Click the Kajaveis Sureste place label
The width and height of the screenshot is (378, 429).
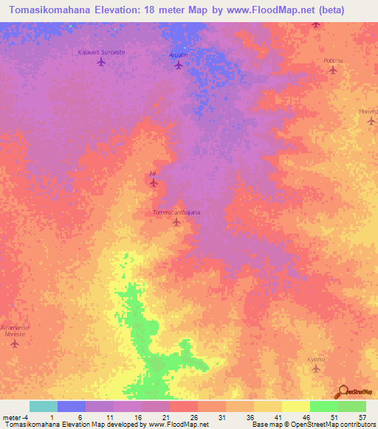tap(101, 52)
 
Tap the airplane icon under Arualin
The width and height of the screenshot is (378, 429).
tap(178, 65)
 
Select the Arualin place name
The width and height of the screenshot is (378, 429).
tap(178, 55)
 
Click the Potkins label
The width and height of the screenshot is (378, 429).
tap(334, 61)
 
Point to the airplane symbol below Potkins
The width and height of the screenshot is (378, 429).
tap(332, 71)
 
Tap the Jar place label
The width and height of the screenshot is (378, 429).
tap(153, 172)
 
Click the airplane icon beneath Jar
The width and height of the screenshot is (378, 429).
tap(154, 182)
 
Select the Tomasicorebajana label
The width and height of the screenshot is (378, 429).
tap(176, 212)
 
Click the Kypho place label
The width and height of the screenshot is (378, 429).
tap(316, 360)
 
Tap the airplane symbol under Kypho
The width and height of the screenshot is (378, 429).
tap(316, 369)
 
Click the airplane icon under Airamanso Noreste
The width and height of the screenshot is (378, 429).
tap(13, 343)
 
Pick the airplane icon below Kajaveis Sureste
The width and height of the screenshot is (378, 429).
tap(101, 62)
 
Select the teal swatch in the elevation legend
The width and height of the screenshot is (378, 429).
tap(43, 406)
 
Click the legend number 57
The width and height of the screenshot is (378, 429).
tap(362, 417)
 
